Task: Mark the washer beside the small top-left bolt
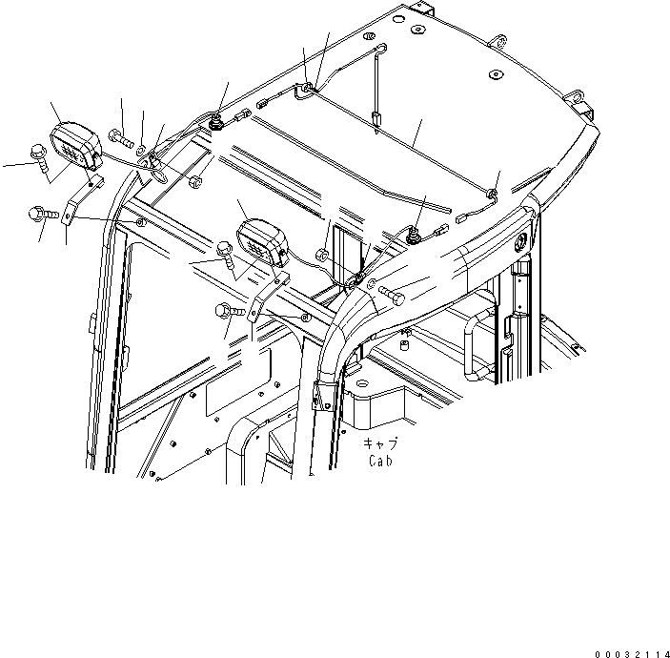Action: (141, 148)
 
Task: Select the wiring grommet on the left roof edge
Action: (218, 122)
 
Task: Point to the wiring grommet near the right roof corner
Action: (416, 235)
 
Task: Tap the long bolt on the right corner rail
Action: (391, 292)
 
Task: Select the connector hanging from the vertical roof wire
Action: (376, 120)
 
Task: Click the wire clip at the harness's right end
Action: (491, 195)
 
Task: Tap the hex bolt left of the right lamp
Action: (228, 253)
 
